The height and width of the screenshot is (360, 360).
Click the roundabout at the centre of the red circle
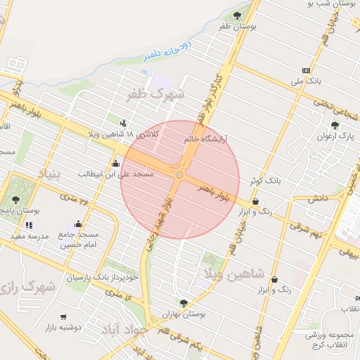[x=180, y=174]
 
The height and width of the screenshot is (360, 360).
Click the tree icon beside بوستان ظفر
[x=237, y=15]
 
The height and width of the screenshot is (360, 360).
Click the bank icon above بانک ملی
[x=306, y=70]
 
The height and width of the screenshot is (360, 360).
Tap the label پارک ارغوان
[x=334, y=136]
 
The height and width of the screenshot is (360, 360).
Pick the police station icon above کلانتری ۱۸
[x=124, y=122]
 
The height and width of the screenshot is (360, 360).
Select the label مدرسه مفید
[x=29, y=236]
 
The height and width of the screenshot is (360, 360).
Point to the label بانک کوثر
[x=264, y=181]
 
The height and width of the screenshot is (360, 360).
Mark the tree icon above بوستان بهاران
[x=184, y=303]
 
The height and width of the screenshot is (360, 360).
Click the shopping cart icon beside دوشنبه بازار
[x=64, y=317]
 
